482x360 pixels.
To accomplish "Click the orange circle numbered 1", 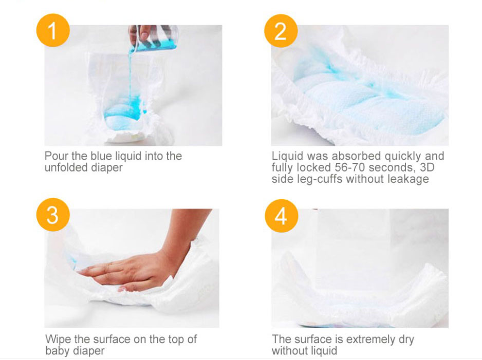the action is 53,30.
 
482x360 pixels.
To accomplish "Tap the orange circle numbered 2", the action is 281,31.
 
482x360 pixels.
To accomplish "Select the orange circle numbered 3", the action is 53,215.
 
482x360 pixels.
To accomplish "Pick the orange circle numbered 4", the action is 281,216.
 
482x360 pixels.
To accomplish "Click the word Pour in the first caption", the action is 57,156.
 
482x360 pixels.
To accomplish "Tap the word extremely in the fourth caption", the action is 370,339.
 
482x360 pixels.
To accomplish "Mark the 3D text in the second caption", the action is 427,167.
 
